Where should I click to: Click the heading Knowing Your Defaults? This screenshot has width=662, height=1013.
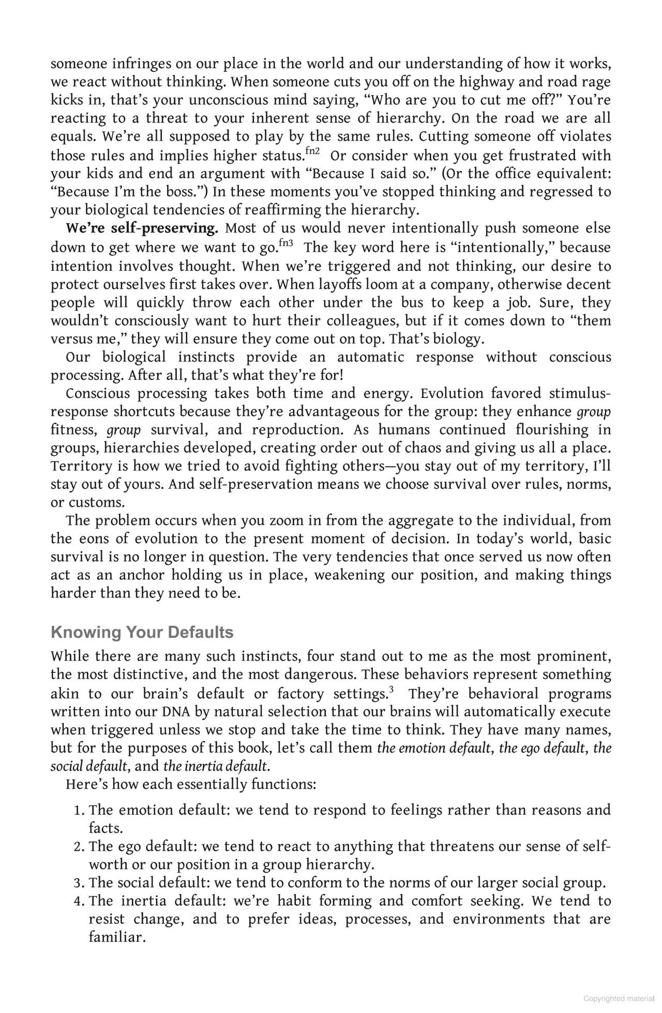tap(142, 632)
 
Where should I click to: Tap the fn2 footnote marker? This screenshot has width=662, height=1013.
tap(312, 151)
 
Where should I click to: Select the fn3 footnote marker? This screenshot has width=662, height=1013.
tap(285, 242)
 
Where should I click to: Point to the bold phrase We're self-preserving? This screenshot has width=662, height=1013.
tap(142, 228)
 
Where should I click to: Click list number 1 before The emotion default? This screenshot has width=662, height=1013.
tap(79, 810)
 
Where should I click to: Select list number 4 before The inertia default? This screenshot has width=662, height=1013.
tap(79, 901)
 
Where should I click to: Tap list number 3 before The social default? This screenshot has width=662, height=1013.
tap(79, 883)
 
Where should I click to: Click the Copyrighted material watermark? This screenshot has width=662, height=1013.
tap(618, 999)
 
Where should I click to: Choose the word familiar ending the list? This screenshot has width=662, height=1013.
tap(117, 937)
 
